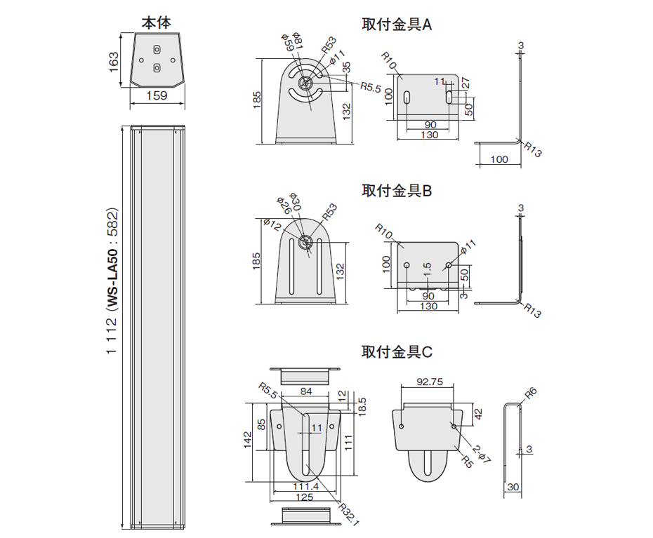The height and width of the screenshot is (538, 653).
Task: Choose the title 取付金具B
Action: point(397,190)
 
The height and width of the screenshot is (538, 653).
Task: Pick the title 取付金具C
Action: point(397,351)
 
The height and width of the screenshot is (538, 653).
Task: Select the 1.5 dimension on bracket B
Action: point(427,270)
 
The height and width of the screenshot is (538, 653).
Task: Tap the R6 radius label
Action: point(531,394)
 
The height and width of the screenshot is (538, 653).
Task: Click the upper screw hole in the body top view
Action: point(157,50)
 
